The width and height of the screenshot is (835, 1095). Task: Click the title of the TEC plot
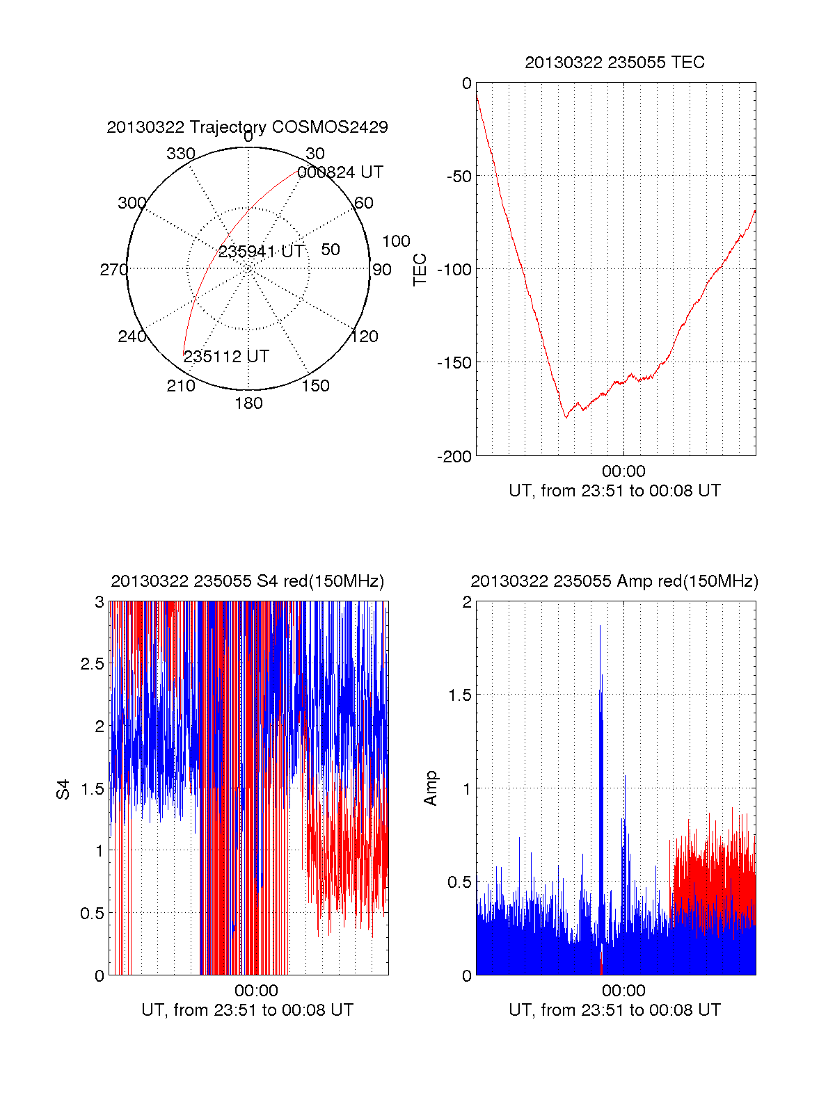(614, 63)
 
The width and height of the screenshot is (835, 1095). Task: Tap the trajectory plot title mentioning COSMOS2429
(247, 127)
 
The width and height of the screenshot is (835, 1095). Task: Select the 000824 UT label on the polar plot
(340, 172)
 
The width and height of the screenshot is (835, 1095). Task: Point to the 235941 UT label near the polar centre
(261, 252)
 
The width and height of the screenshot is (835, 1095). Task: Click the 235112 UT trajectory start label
(226, 357)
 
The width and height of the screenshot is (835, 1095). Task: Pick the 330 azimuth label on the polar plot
(180, 154)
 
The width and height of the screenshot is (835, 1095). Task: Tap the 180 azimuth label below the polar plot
(248, 403)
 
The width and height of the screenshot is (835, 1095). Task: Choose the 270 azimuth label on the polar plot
(113, 270)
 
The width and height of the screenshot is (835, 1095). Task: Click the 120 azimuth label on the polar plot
(365, 337)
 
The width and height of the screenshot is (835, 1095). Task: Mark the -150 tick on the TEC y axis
(454, 362)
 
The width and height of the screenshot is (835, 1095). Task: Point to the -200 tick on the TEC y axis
(454, 456)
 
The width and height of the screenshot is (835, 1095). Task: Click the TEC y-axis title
(420, 270)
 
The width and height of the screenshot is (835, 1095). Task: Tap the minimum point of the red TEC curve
(566, 417)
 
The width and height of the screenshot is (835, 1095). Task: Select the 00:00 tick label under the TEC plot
(623, 472)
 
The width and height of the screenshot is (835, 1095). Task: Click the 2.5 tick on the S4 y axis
(92, 664)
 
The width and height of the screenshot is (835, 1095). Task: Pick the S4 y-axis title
(63, 789)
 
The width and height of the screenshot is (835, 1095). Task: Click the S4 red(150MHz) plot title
(247, 582)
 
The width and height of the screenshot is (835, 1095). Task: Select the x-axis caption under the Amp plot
(614, 1010)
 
